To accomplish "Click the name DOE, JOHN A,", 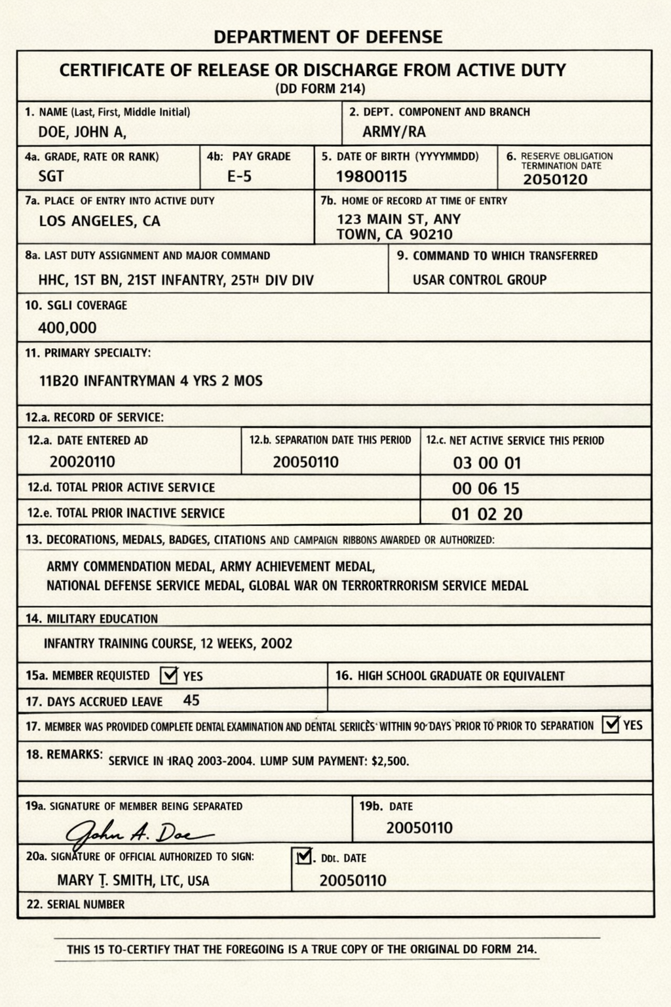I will click(x=83, y=132).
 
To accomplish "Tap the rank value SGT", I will click(x=51, y=176).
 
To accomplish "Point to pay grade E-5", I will click(x=239, y=176).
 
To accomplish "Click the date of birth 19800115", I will click(x=372, y=176).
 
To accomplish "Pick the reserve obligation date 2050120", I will click(x=555, y=180).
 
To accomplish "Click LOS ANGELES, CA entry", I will click(x=100, y=221).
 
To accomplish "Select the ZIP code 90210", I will click(x=431, y=235).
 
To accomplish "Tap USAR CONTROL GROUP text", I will click(x=480, y=280).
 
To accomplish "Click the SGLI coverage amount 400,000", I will click(x=67, y=328).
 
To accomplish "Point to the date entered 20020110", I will click(x=83, y=462).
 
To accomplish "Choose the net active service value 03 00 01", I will click(x=487, y=464).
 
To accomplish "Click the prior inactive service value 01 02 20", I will click(x=487, y=515).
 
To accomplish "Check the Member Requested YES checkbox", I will click(x=169, y=675).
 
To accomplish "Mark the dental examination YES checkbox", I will click(x=611, y=724).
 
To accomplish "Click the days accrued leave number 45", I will click(x=191, y=700).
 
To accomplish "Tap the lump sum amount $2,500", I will click(x=390, y=762).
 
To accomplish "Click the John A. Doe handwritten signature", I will click(x=138, y=833).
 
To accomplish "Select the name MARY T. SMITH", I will click(x=105, y=880).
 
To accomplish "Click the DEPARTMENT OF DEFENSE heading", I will click(x=328, y=37).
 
